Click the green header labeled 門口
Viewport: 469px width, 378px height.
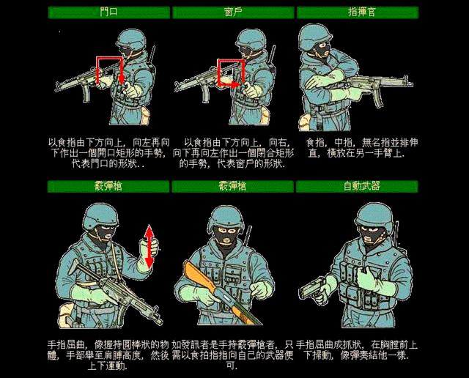click(108, 12)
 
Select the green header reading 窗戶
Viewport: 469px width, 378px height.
click(232, 12)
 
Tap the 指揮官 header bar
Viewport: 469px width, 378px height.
click(357, 12)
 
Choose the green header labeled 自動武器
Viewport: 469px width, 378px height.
click(357, 186)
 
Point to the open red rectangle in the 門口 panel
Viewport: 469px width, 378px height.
click(110, 70)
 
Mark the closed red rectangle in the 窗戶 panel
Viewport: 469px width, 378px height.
click(230, 72)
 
